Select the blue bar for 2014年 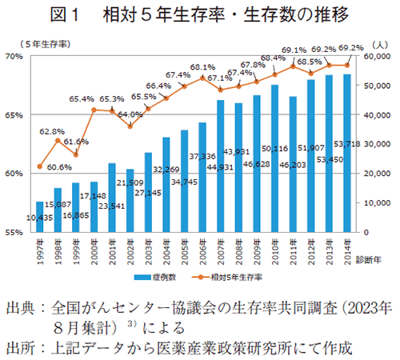click(346, 152)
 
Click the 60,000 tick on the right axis click(373, 56)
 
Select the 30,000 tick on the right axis click(373, 144)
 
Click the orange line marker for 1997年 click(40, 166)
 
